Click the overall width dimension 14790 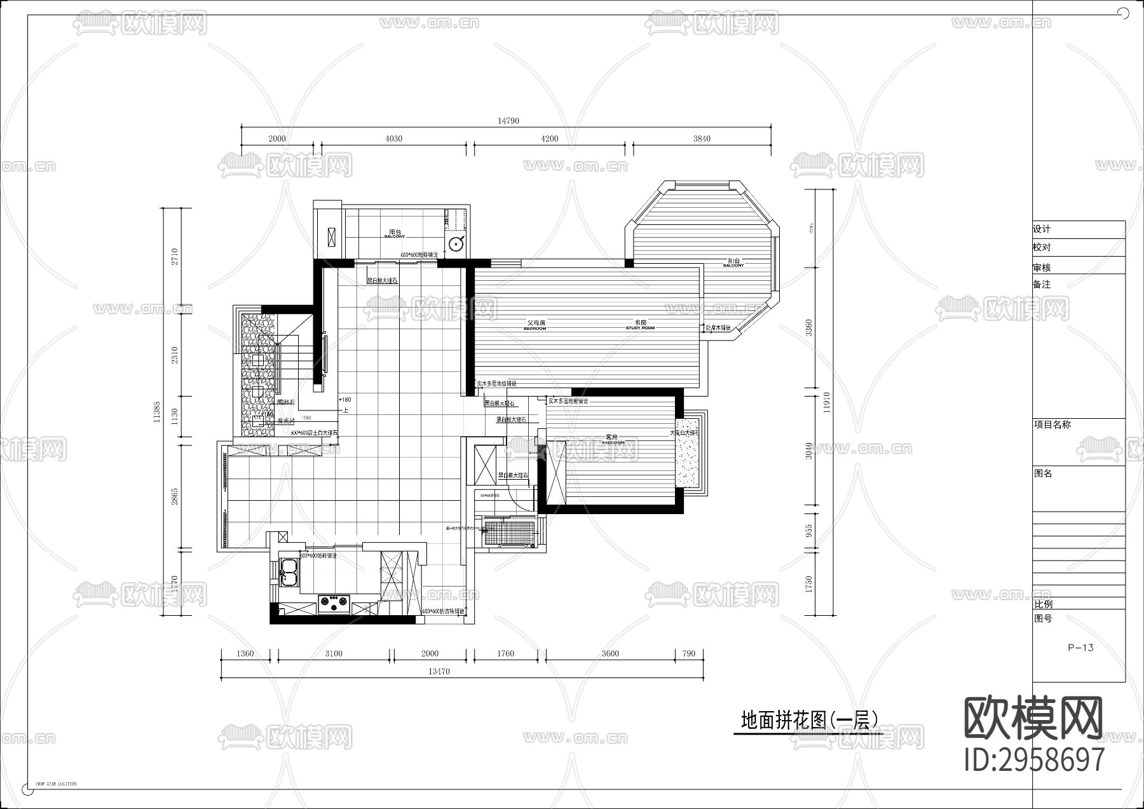tap(508, 121)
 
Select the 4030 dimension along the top tap(393, 139)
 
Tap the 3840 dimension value tap(702, 139)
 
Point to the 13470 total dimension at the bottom tap(439, 671)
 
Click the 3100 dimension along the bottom tap(334, 653)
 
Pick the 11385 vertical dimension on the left tap(156, 412)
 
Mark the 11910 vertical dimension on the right tap(826, 403)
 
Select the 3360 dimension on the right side tap(808, 327)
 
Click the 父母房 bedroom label tap(535, 324)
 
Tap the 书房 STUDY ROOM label tap(639, 323)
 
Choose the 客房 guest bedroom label tap(611, 438)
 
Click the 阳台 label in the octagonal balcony tap(733, 262)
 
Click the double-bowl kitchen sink tap(290, 571)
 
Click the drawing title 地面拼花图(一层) tap(809, 719)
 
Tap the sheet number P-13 tap(1080, 648)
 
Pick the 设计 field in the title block tap(1042, 229)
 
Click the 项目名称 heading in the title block tap(1052, 425)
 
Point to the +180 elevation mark tap(344, 400)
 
